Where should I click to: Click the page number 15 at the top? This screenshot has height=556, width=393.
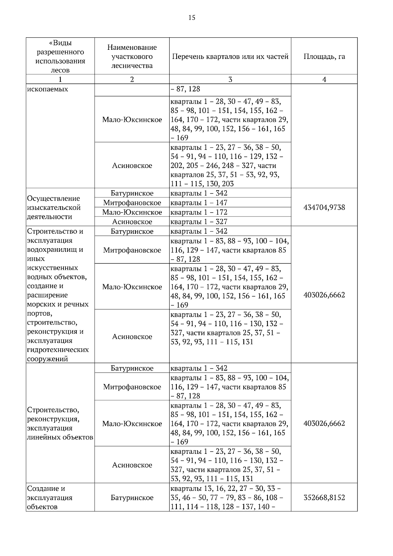pos(192,18)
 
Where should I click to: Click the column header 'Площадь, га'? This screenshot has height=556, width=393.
pos(324,56)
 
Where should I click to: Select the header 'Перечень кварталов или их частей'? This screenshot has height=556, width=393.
pos(230,56)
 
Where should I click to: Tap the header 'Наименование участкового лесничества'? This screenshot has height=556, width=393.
pos(132,56)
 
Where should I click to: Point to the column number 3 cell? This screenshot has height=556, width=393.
pos(230,79)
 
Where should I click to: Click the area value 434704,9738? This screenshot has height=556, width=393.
pos(324,207)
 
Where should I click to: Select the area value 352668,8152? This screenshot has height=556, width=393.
pos(324,497)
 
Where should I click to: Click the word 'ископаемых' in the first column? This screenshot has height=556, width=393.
pos(47,89)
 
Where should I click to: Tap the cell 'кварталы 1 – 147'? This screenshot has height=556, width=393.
pos(199,203)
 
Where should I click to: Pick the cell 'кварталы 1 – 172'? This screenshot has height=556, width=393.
pos(199,212)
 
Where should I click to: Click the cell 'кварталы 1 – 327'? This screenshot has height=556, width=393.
pos(199,222)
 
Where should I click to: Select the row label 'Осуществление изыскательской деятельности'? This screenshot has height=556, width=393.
pos(54,207)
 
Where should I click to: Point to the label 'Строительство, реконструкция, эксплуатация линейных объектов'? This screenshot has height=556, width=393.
pos(60,423)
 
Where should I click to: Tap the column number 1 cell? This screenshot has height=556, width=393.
pos(60,79)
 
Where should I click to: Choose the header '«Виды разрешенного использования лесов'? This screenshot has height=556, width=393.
pos(60,56)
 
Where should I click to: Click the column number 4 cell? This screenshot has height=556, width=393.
pos(324,79)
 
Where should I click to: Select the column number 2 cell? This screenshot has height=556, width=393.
pos(132,79)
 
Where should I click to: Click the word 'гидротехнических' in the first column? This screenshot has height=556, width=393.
pos(58,350)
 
